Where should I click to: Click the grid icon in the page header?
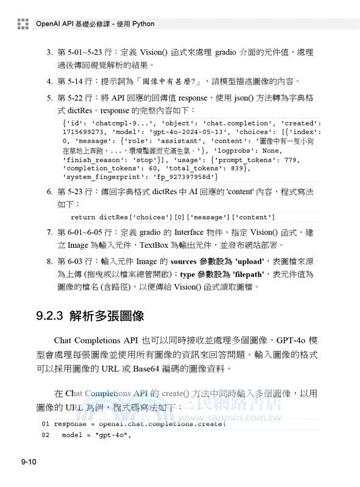[x=23, y=24]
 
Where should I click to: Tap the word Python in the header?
[x=142, y=24]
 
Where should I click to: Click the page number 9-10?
[x=29, y=464]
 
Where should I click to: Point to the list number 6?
[x=49, y=192]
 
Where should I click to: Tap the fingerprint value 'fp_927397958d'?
[x=190, y=177]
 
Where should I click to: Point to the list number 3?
[x=49, y=52]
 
